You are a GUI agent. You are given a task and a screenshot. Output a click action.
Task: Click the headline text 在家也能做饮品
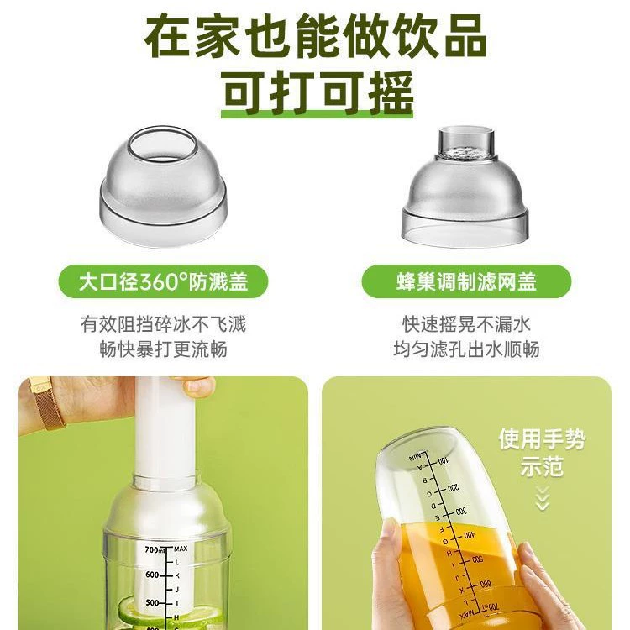point(316,36)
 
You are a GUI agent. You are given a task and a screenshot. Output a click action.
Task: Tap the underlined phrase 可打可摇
point(317,92)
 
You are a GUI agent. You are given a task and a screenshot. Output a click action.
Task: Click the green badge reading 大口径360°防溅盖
point(163,281)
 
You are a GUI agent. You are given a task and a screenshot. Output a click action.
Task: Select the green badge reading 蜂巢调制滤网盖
point(466,281)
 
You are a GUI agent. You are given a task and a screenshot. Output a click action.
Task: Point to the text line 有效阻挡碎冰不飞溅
point(163,324)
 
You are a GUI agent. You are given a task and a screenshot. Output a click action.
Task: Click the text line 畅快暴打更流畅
point(163,349)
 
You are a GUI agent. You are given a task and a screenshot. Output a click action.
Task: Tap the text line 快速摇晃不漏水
point(466,324)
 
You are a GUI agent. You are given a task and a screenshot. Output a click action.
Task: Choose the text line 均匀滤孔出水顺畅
point(466,349)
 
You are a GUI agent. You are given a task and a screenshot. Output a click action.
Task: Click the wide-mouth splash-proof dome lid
point(163,186)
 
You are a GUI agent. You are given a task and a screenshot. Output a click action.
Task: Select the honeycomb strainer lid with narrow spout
point(465,186)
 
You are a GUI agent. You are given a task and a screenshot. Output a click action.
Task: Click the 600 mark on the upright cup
point(152,575)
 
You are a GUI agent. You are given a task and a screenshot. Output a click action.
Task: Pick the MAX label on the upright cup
point(181,549)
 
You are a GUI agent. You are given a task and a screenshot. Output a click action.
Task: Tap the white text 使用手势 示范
point(542,453)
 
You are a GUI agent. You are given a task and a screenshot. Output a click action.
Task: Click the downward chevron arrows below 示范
point(542,498)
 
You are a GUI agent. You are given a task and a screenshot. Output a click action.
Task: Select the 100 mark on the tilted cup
point(442,461)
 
